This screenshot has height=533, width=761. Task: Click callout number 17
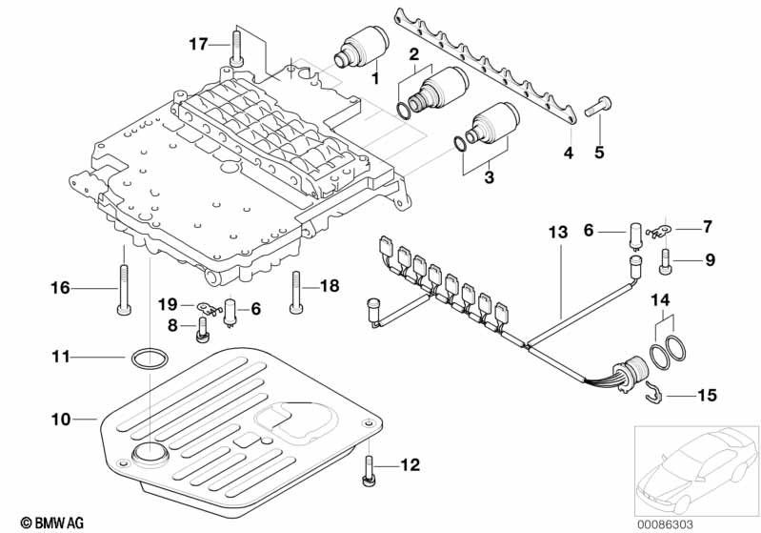pos(197,44)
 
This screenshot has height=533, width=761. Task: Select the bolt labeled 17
pos(235,50)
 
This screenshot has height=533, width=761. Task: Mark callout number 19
pos(168,303)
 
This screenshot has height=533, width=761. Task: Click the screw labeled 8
pos(202,330)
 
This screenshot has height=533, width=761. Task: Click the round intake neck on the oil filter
pos(147,454)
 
